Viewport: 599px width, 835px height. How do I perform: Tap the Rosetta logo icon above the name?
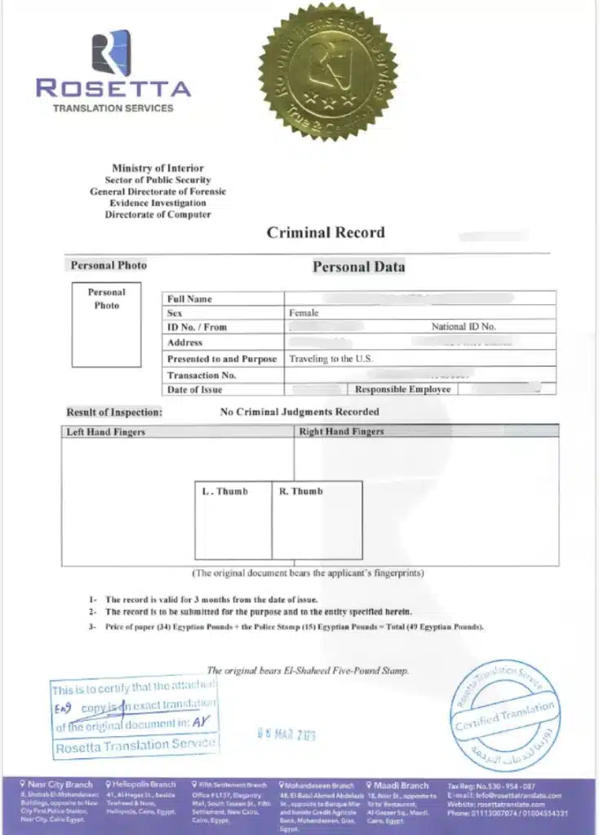[111, 52]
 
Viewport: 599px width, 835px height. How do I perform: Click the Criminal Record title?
[326, 232]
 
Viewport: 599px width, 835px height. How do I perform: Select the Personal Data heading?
[358, 267]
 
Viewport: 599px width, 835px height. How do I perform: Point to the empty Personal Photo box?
[106, 325]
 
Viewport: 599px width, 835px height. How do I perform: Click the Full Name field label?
[189, 299]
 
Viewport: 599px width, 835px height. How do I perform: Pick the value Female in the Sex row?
[304, 313]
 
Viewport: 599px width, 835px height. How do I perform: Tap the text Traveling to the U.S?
[331, 359]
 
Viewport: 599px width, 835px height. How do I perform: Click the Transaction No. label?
[202, 375]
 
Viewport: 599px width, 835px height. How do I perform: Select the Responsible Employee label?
[402, 390]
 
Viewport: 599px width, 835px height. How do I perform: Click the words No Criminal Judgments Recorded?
[299, 412]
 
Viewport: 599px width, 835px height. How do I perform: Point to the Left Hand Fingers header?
[106, 431]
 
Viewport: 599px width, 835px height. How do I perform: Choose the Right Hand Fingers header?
[341, 431]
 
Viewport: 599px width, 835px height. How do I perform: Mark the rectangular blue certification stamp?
[134, 716]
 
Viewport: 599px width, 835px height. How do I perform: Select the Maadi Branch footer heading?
[400, 785]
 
